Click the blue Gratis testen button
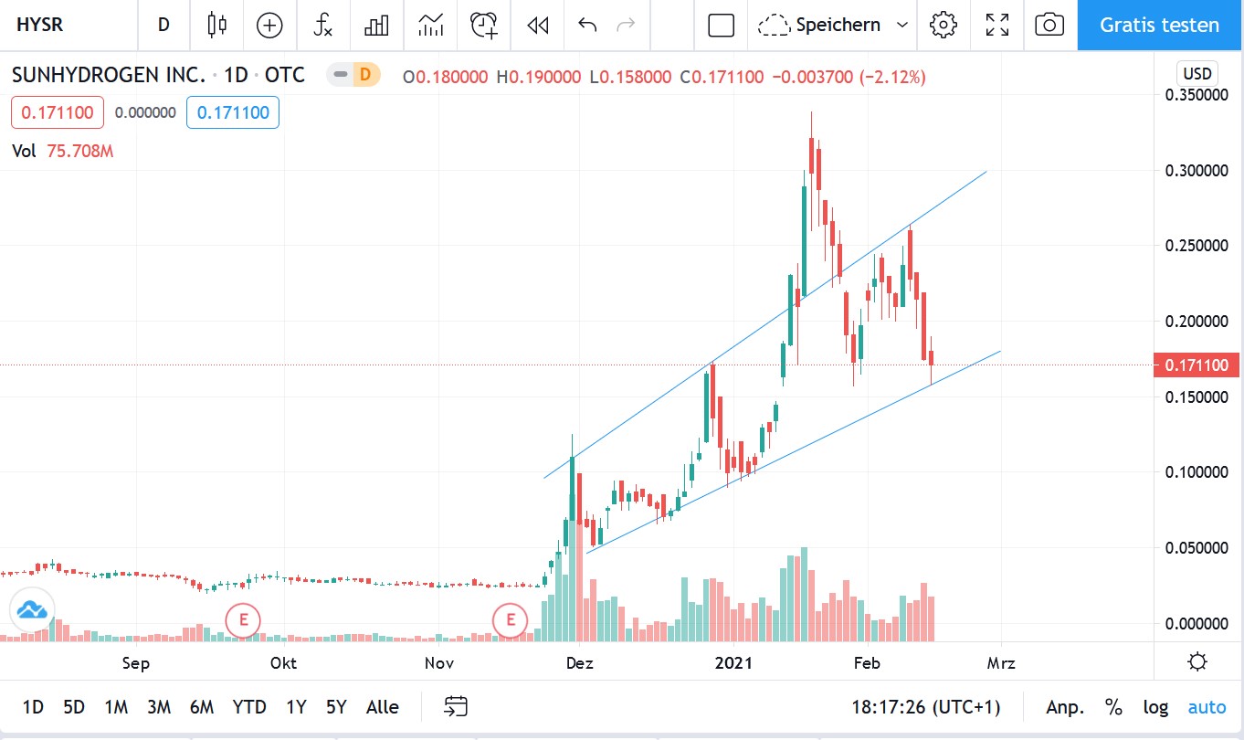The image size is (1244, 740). [x=1159, y=25]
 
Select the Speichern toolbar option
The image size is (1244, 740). [x=837, y=25]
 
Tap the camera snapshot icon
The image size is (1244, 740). [x=1049, y=25]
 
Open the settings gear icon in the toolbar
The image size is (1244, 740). [x=943, y=25]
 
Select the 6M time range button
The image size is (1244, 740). [x=202, y=706]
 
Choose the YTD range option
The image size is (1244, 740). [x=248, y=706]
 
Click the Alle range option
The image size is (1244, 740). [x=382, y=706]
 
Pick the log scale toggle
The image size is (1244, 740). [x=1155, y=706]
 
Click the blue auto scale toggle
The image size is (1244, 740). [x=1207, y=706]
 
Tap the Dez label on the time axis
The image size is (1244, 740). [x=580, y=663]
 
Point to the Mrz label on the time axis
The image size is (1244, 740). [x=1002, y=663]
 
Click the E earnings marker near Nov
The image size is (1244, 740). [x=511, y=621]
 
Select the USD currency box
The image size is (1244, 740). [x=1197, y=74]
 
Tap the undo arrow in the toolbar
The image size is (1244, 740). [x=587, y=25]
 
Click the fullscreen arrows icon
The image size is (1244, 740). [x=997, y=25]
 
